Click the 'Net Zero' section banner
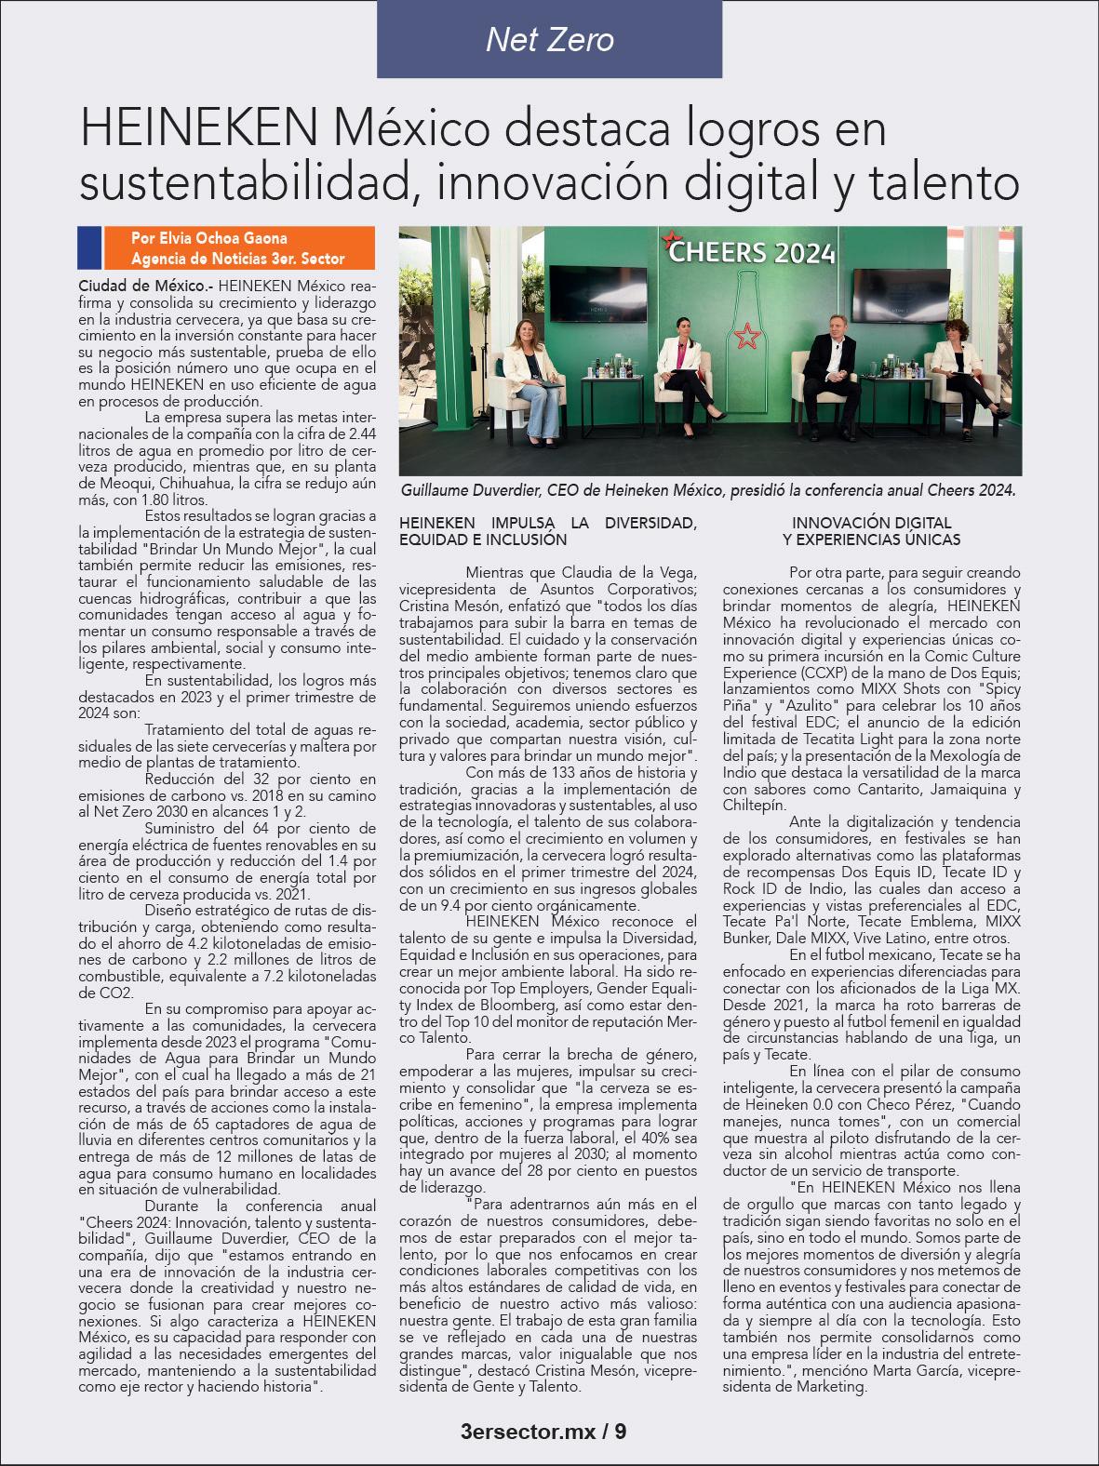(549, 39)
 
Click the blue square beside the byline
(89, 247)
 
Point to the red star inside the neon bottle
(744, 335)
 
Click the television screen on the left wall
(615, 290)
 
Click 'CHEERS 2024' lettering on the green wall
(752, 252)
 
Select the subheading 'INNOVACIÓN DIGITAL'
(872, 524)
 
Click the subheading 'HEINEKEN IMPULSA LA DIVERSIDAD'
(547, 524)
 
